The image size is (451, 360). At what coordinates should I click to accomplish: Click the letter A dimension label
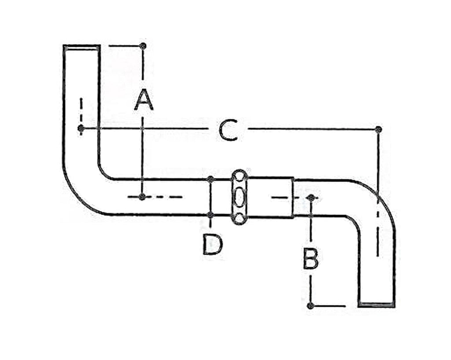pos(144,100)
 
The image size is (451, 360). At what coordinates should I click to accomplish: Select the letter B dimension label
pos(311,259)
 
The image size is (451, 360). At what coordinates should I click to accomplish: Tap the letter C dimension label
pos(229,130)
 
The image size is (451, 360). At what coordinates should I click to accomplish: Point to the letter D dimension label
pos(213,245)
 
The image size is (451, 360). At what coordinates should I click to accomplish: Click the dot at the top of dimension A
pos(143,46)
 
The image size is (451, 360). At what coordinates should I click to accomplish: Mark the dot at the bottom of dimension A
pos(142,197)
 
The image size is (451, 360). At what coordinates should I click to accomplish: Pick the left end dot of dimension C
pos(81,128)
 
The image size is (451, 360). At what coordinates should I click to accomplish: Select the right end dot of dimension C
pos(378,129)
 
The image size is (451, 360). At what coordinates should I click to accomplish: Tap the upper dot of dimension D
pos(211,179)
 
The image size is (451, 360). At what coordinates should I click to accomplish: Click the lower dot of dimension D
pos(211,214)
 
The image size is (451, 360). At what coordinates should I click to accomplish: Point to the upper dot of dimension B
pos(311,197)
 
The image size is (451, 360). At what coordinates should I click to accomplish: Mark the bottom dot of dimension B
pos(310,306)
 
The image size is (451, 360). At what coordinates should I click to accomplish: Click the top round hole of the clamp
pos(239,176)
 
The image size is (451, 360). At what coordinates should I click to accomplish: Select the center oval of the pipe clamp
pos(239,197)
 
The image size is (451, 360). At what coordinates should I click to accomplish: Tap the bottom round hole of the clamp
pos(239,219)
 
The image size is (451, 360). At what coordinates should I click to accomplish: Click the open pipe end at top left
pos(81,47)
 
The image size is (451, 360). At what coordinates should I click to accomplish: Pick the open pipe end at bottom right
pos(377,304)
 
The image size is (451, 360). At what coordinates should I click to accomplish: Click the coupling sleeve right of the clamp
pos(270,197)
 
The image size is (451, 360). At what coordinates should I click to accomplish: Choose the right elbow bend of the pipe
pos(374,201)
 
